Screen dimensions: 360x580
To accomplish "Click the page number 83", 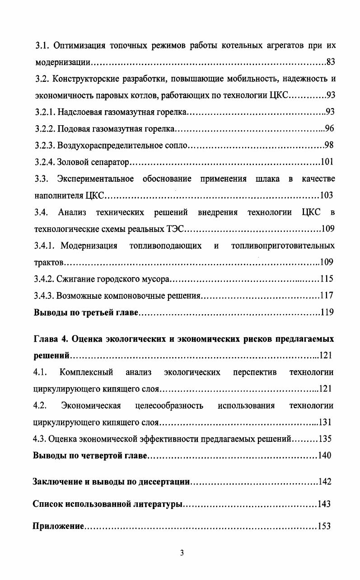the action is pos(329,61).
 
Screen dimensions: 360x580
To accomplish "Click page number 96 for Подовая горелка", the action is pos(329,129).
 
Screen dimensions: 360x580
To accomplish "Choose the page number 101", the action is pos(327,162).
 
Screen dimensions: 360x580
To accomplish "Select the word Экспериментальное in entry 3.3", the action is pos(95,179).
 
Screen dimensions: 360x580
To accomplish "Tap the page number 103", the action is pos(326,195).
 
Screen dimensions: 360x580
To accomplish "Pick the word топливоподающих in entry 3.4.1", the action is pos(165,245).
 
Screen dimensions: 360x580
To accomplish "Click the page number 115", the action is pos(326,278).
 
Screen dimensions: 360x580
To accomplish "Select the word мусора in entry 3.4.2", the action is pos(155,278).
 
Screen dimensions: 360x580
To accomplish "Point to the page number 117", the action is pos(326,295).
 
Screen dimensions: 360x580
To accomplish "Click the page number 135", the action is pos(325,439).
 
